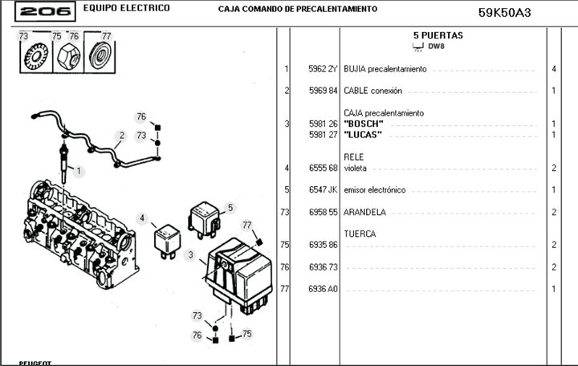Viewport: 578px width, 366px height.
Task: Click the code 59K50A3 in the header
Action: pyautogui.click(x=505, y=12)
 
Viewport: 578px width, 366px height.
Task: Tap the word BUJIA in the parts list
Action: pyautogui.click(x=355, y=70)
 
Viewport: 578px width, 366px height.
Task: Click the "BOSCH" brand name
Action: pyautogui.click(x=364, y=124)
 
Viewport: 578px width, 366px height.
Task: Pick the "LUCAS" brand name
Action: pyautogui.click(x=363, y=134)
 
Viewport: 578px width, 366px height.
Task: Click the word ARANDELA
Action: pyautogui.click(x=365, y=212)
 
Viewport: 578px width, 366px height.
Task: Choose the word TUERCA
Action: pyautogui.click(x=360, y=234)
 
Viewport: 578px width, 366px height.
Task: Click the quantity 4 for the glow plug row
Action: pyautogui.click(x=554, y=70)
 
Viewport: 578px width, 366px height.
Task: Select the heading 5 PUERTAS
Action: pyautogui.click(x=438, y=35)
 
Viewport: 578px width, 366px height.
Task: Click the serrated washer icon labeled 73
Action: pyautogui.click(x=35, y=57)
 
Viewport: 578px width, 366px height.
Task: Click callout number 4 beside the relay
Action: pyautogui.click(x=142, y=218)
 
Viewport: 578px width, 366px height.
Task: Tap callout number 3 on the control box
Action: pyautogui.click(x=189, y=256)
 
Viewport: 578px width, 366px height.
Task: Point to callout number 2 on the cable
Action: pyautogui.click(x=121, y=136)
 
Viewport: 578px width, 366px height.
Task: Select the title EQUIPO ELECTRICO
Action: pyautogui.click(x=127, y=8)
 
